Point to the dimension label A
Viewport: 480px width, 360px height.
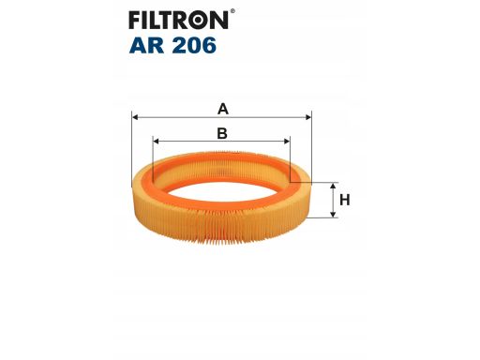point(222,108)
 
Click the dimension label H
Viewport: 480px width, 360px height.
point(345,200)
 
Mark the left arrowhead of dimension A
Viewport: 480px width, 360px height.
point(137,118)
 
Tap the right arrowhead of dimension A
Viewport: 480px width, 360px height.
point(307,118)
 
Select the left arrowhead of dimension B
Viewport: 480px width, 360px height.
point(157,142)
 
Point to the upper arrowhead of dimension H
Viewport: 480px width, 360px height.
point(333,186)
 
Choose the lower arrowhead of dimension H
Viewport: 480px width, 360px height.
point(333,215)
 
